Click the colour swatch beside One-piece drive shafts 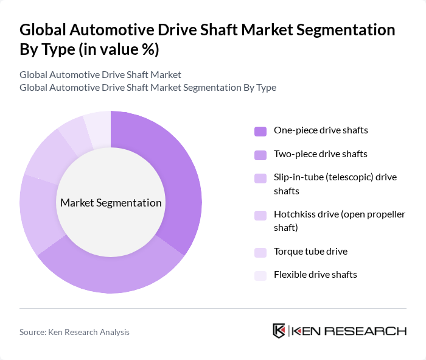260,131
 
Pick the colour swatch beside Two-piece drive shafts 260,155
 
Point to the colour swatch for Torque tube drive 260,252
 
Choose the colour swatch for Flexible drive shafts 260,275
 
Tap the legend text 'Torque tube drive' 310,251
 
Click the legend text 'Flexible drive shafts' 315,275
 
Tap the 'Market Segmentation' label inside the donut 111,203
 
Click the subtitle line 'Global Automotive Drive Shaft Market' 100,75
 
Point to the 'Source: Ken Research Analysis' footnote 74,332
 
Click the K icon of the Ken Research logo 279,331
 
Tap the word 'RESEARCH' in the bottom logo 372,331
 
